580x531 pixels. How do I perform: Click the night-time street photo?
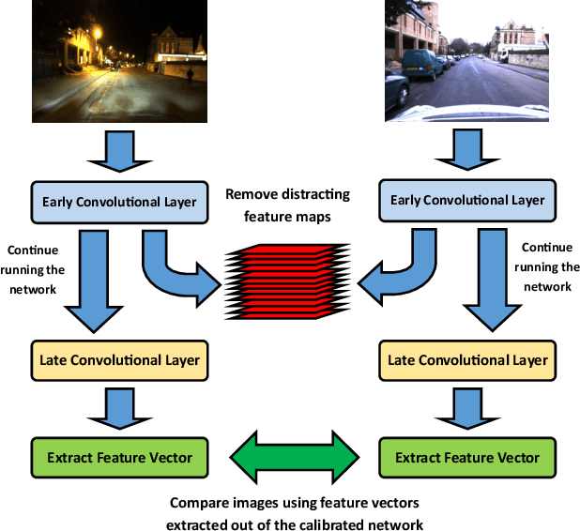[120, 61]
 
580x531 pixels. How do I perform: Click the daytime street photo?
[467, 61]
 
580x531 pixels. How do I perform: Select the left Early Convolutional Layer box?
[119, 202]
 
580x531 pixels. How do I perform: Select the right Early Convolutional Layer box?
[467, 201]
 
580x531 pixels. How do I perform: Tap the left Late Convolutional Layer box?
[119, 359]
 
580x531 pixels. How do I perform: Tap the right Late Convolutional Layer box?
[467, 359]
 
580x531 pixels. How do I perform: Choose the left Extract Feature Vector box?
[119, 458]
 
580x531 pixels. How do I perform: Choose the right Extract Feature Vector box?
[467, 458]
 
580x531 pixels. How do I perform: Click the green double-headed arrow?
[294, 456]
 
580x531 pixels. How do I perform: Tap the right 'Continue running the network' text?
[545, 267]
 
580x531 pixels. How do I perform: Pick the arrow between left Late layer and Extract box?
[119, 406]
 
